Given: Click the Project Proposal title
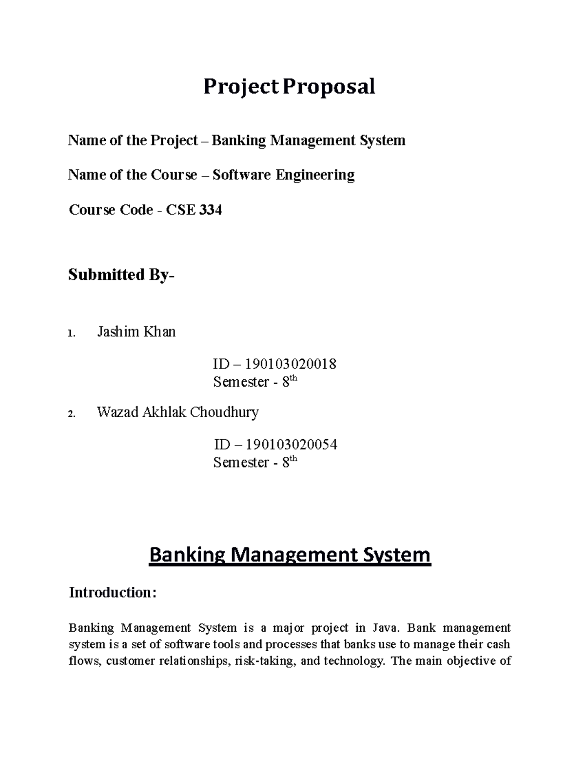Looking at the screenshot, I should coord(289,87).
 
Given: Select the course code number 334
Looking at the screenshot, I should coord(211,210).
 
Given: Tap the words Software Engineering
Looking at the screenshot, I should coord(284,175).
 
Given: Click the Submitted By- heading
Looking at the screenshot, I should coord(121,275).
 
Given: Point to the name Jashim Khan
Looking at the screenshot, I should coord(136,332).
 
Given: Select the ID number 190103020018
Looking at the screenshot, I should coord(291,364).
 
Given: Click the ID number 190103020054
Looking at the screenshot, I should coord(291,445).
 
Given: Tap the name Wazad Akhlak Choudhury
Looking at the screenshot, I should coord(178,412).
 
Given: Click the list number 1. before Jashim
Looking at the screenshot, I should coord(72,334).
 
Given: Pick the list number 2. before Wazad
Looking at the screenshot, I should coord(72,414).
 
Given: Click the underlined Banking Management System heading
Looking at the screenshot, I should coord(290,555).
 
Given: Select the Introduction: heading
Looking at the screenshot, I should coord(113,593).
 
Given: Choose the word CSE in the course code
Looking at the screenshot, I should coord(180,210).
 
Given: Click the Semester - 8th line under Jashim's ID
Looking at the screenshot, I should coord(254,382).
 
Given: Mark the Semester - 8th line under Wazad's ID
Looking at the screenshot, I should coord(254,462).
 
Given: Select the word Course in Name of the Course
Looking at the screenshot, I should coord(174,175).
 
